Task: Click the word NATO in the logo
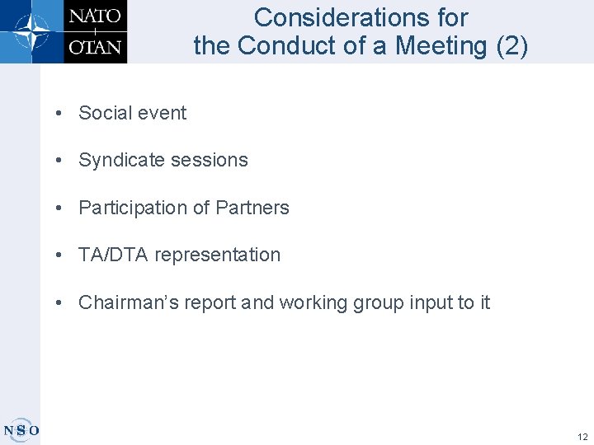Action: pyautogui.click(x=96, y=16)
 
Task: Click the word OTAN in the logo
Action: pyautogui.click(x=96, y=46)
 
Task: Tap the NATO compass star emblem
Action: pyautogui.click(x=31, y=31)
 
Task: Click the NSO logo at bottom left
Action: pyautogui.click(x=21, y=429)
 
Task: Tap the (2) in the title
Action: pyautogui.click(x=512, y=46)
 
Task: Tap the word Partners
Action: pyautogui.click(x=252, y=208)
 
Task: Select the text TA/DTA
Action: pyautogui.click(x=113, y=255)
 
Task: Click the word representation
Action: pyautogui.click(x=217, y=255)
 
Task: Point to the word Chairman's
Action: pyautogui.click(x=125, y=302)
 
